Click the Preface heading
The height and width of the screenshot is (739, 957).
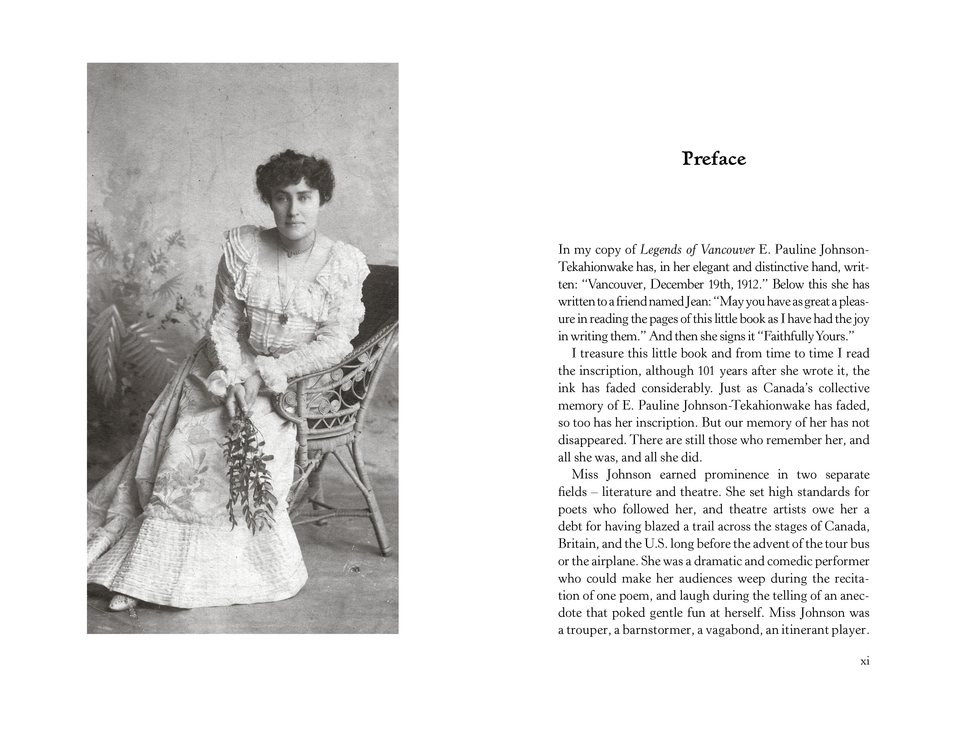click(714, 159)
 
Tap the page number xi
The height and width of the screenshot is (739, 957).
click(865, 661)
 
